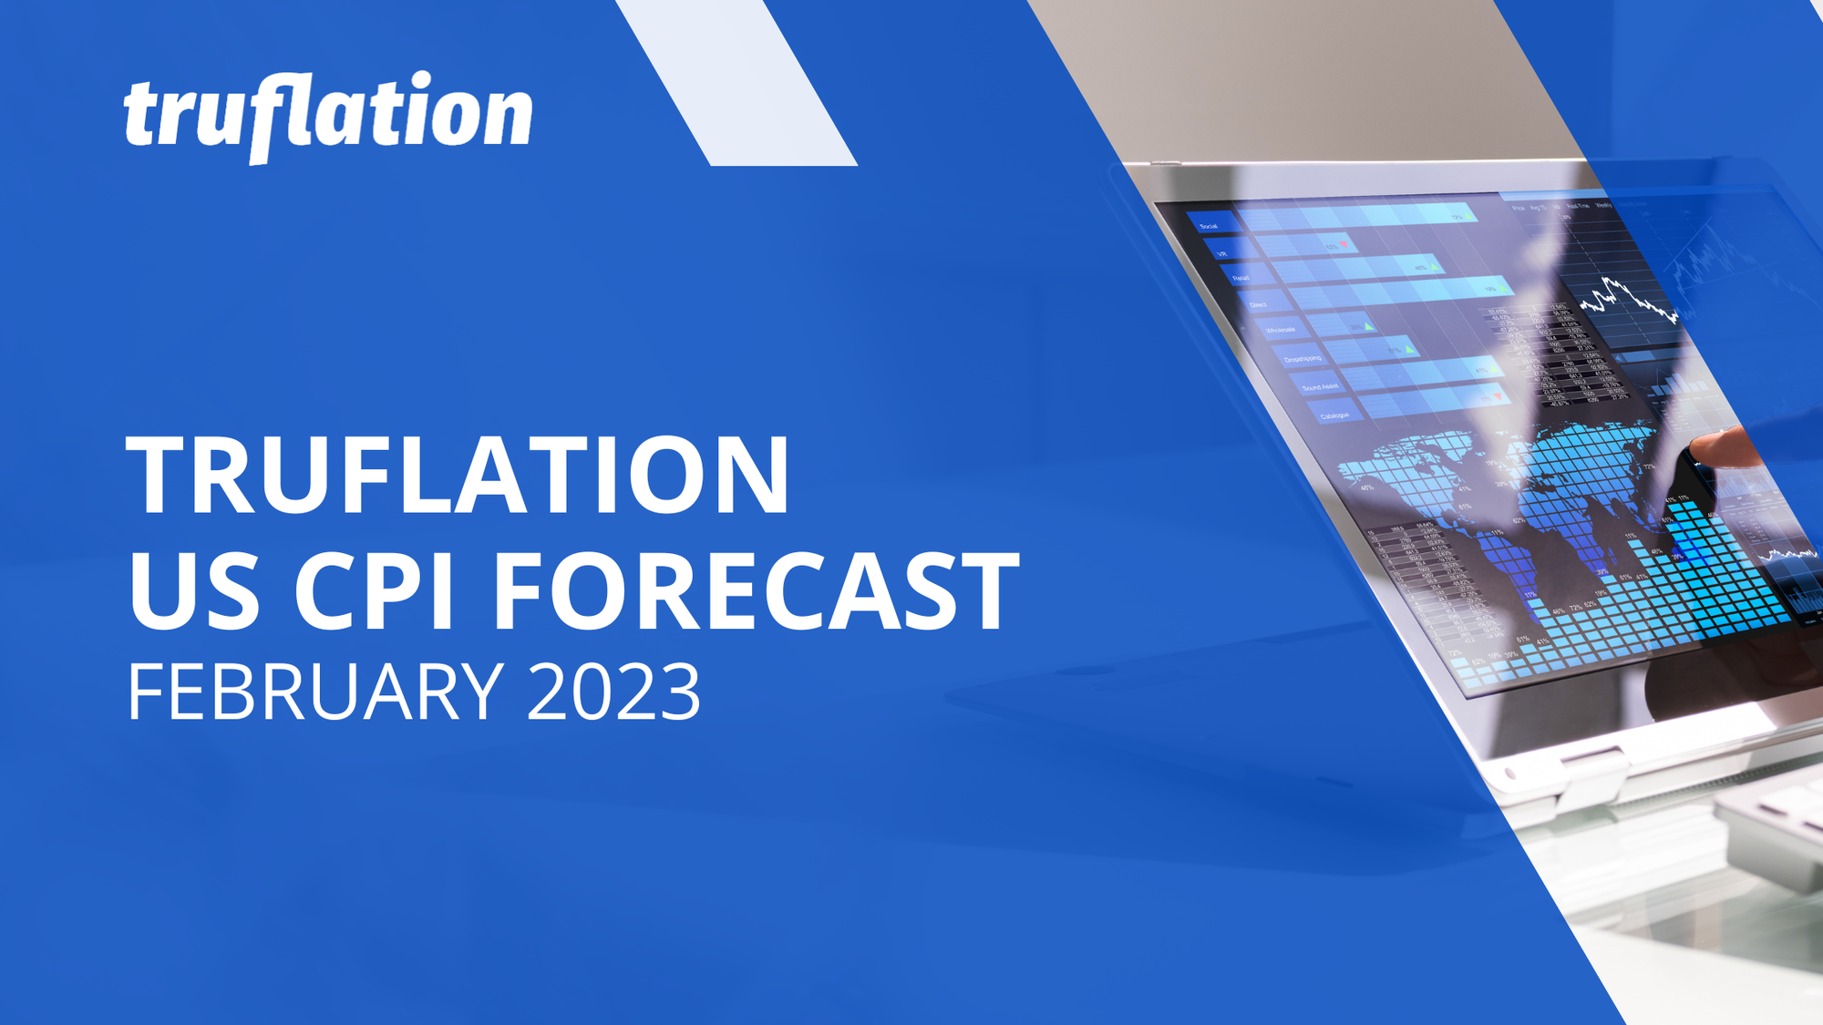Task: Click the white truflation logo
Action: click(328, 117)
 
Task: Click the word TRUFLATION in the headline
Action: click(458, 476)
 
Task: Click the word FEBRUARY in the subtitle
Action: click(315, 692)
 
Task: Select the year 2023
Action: click(613, 692)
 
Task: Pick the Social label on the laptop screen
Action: click(1209, 226)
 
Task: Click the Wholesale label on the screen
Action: click(1280, 330)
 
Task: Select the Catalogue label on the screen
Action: click(1334, 415)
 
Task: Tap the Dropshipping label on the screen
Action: click(1303, 359)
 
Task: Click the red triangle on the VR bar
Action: click(1344, 245)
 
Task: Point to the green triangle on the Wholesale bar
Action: click(1369, 326)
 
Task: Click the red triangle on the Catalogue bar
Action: click(1499, 396)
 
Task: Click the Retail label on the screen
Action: click(1241, 278)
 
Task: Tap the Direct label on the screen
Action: click(1258, 304)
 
